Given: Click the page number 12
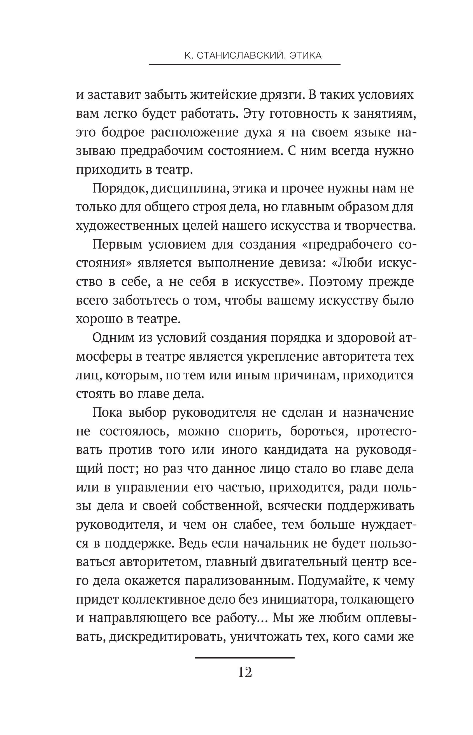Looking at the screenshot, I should (245, 672).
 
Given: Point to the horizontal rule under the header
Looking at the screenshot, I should (244, 64).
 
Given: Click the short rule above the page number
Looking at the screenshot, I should (244, 658).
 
